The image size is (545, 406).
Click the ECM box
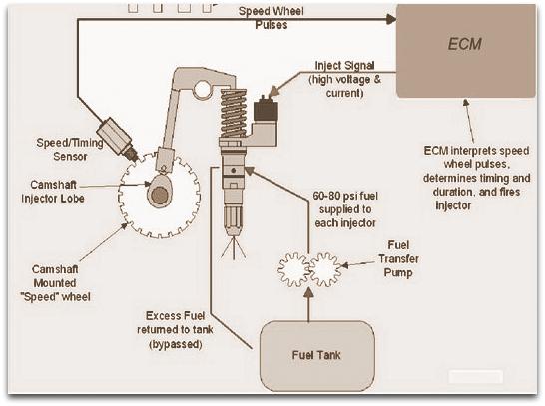pos(466,51)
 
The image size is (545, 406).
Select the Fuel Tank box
pos(317,356)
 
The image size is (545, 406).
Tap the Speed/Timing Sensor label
pos(70,150)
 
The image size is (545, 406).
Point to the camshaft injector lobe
pos(159,191)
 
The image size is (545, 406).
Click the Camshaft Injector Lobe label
pos(53,192)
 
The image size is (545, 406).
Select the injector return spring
pos(234,113)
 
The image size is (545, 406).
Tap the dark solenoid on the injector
pos(266,111)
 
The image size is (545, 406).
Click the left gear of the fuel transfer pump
pos(293,270)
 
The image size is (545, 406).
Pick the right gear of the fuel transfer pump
pos(325,270)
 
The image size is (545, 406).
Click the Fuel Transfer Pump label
pos(398,259)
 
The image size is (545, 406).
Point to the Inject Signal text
pos(344,65)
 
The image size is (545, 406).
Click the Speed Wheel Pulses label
pos(272,18)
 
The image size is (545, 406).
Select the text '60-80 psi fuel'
pos(345,196)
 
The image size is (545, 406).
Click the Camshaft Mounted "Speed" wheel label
pos(56,283)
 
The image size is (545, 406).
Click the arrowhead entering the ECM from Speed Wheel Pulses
pos(390,19)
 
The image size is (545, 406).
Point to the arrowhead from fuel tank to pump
pos(308,292)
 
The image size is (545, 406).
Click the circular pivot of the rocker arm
pos(203,89)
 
